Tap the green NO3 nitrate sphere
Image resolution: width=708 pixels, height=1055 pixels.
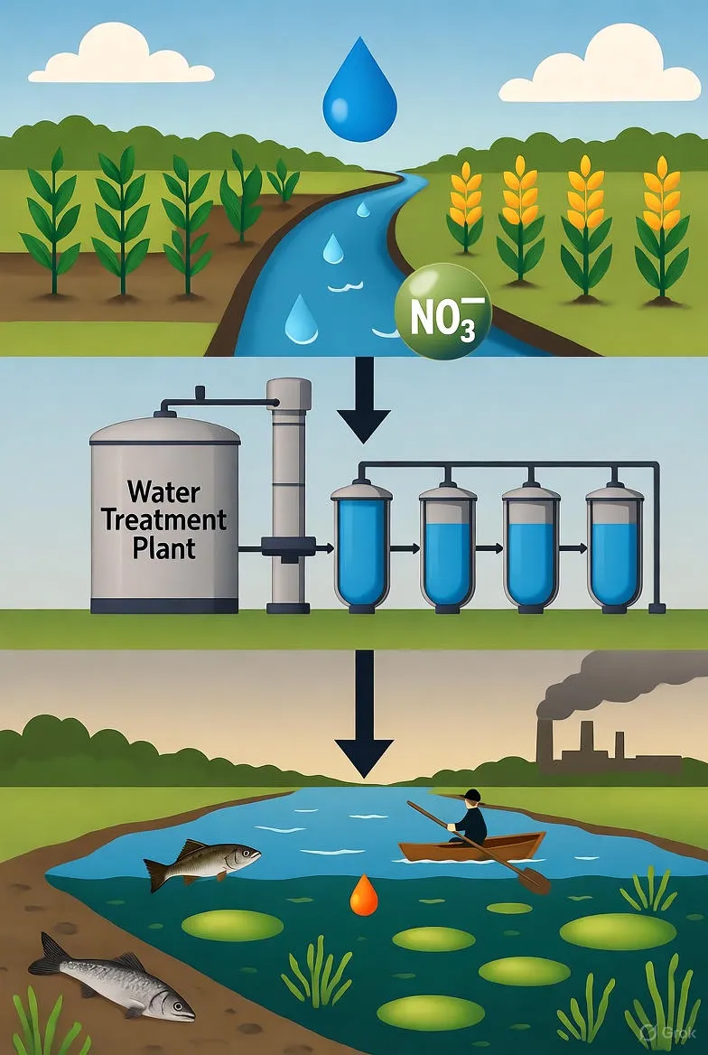click(442, 312)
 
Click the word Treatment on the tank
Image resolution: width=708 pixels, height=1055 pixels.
click(164, 520)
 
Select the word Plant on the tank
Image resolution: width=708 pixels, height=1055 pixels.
click(163, 548)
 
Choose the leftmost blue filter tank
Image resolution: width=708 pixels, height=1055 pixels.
click(361, 546)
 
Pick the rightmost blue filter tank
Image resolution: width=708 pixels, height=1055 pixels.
click(614, 546)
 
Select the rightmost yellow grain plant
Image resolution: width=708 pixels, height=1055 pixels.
click(662, 226)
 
